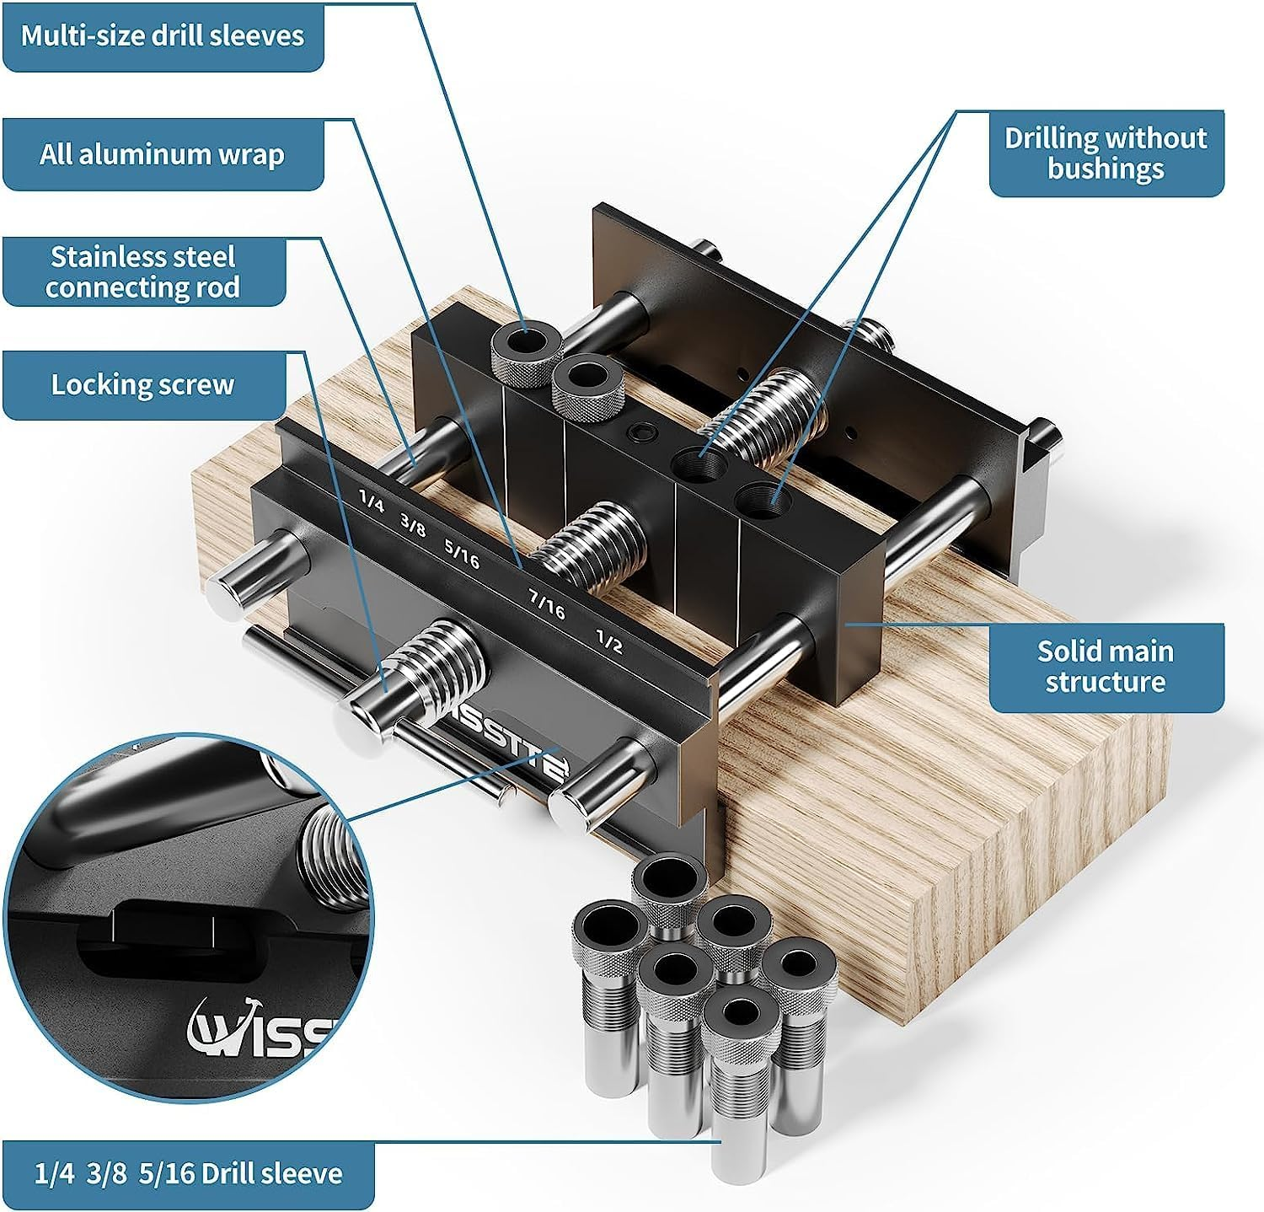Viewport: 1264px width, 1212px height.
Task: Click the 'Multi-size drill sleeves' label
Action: pos(163,35)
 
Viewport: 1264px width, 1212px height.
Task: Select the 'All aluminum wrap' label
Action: pos(163,154)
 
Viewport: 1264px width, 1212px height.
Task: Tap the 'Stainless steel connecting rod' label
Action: pos(143,271)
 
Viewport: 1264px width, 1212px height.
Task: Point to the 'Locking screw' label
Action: pos(142,384)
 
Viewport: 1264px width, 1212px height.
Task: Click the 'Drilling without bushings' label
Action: pos(1106,153)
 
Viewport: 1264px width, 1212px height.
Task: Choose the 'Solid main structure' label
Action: pos(1105,667)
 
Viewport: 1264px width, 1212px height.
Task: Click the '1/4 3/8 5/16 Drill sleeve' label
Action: pos(189,1173)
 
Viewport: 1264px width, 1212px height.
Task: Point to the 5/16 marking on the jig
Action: pos(462,553)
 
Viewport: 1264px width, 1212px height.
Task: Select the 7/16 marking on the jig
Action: pos(546,603)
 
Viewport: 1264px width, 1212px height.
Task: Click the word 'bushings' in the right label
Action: pos(1106,169)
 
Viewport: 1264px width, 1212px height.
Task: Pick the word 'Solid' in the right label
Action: pos(1069,652)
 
